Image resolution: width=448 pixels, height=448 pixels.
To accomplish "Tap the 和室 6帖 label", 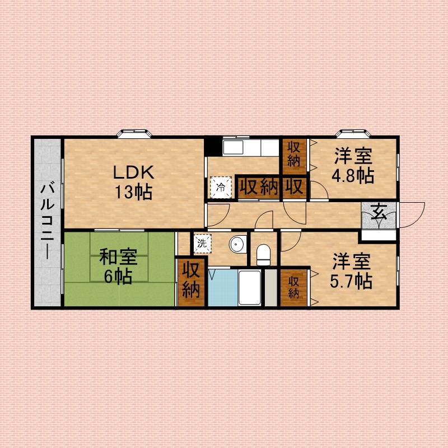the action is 118,267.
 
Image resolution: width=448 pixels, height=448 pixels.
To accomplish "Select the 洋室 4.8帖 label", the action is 353,165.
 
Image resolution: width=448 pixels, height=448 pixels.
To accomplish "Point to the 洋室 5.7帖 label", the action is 351,271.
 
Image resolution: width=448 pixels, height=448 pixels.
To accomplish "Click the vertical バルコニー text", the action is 48,220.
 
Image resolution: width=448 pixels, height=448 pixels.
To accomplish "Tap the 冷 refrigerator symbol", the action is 221,187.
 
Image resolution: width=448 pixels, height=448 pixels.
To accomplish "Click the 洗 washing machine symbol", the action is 203,244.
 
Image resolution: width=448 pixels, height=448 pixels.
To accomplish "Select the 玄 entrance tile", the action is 379,215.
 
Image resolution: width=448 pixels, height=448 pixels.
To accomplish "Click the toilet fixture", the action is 263,255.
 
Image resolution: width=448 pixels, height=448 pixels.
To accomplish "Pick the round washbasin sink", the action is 237,244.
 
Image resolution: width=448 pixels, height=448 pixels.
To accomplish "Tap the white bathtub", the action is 249,288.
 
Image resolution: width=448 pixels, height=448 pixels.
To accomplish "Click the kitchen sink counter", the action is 250,148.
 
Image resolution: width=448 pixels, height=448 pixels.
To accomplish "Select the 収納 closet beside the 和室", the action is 191,282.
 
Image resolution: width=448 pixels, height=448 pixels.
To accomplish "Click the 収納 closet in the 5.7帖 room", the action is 293,288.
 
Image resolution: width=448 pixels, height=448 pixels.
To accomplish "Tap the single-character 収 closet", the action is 295,186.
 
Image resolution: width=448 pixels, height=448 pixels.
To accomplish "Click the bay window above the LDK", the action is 134,133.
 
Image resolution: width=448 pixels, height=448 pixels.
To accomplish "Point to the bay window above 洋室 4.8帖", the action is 353,133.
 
